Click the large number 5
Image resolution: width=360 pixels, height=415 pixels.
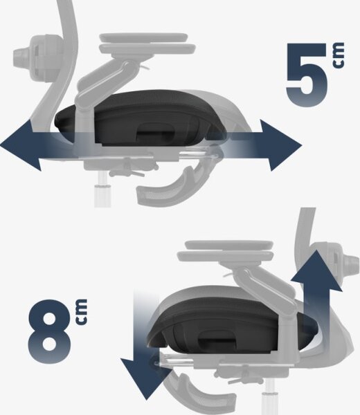pos(307,75)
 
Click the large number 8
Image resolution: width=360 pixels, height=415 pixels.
pos(50,331)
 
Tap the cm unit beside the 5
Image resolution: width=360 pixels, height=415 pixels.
pos(339,55)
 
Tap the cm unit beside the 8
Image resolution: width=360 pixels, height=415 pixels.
pos(81,311)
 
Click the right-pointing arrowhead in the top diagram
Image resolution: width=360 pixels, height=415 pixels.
pos(281,145)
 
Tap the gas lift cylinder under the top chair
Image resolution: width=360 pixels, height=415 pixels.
pos(102,190)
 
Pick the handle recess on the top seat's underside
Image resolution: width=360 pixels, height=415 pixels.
pos(155,132)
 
